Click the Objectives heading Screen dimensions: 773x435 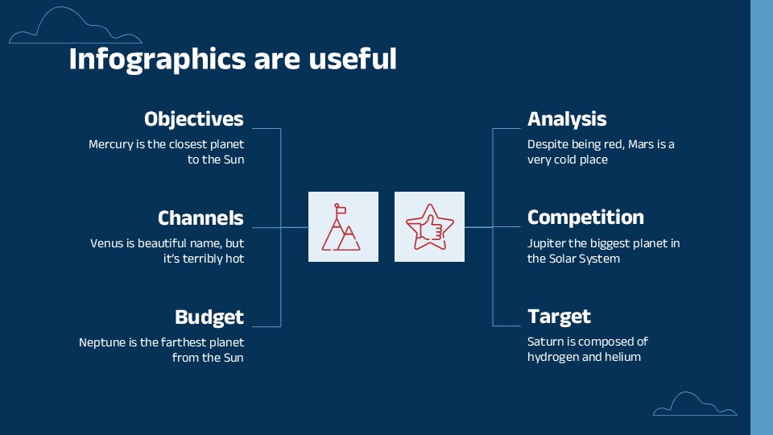click(194, 119)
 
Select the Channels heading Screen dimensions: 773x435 click(200, 218)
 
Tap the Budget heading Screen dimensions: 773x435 click(209, 317)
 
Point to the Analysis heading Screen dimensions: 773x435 click(567, 119)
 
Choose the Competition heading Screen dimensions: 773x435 click(585, 217)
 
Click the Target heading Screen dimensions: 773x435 click(559, 317)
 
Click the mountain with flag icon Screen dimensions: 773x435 click(341, 227)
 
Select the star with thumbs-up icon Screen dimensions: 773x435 click(429, 227)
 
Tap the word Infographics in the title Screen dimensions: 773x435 click(157, 60)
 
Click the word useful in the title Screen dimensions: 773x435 click(353, 59)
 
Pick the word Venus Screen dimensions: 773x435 click(105, 243)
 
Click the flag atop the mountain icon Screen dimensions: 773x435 click(340, 209)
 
